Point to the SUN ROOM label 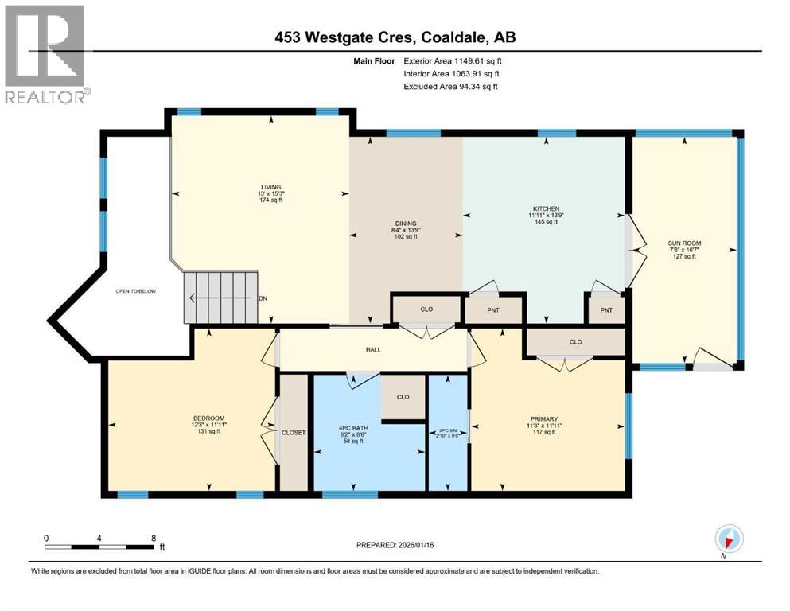tap(683, 243)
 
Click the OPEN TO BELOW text tap(136, 291)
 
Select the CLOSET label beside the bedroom tap(294, 432)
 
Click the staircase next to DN tap(222, 297)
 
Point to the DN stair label tap(263, 299)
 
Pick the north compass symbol tap(729, 539)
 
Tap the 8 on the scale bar tap(153, 538)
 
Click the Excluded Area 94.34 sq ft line tap(450, 86)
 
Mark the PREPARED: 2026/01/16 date tap(395, 545)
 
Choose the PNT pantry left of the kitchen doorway tap(493, 309)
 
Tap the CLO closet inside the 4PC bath tap(403, 397)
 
